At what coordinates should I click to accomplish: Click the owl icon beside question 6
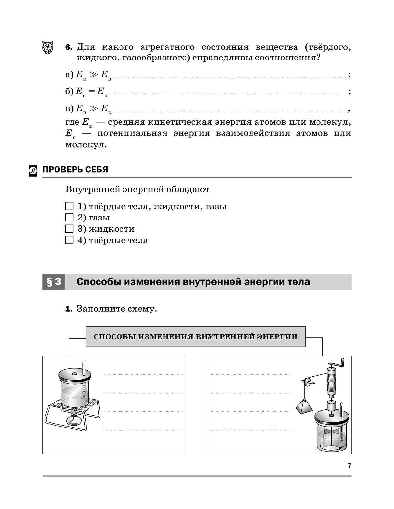[x=48, y=47]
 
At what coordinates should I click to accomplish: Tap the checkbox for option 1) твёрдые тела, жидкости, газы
[x=69, y=206]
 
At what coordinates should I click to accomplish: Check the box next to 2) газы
[x=69, y=218]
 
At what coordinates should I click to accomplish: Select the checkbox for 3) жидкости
[x=69, y=229]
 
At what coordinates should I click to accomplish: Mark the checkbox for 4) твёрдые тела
[x=69, y=240]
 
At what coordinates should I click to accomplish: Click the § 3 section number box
[x=54, y=282]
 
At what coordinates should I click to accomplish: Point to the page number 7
[x=349, y=465]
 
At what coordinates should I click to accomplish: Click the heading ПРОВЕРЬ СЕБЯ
[x=75, y=170]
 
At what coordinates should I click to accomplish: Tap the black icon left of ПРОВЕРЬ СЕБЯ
[x=33, y=170]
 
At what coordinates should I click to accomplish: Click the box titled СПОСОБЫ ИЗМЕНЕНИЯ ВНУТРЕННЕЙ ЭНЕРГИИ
[x=196, y=336]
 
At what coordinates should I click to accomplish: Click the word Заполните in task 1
[x=95, y=309]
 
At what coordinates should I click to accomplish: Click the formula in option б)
[x=92, y=92]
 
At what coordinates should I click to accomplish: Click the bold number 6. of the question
[x=69, y=47]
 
